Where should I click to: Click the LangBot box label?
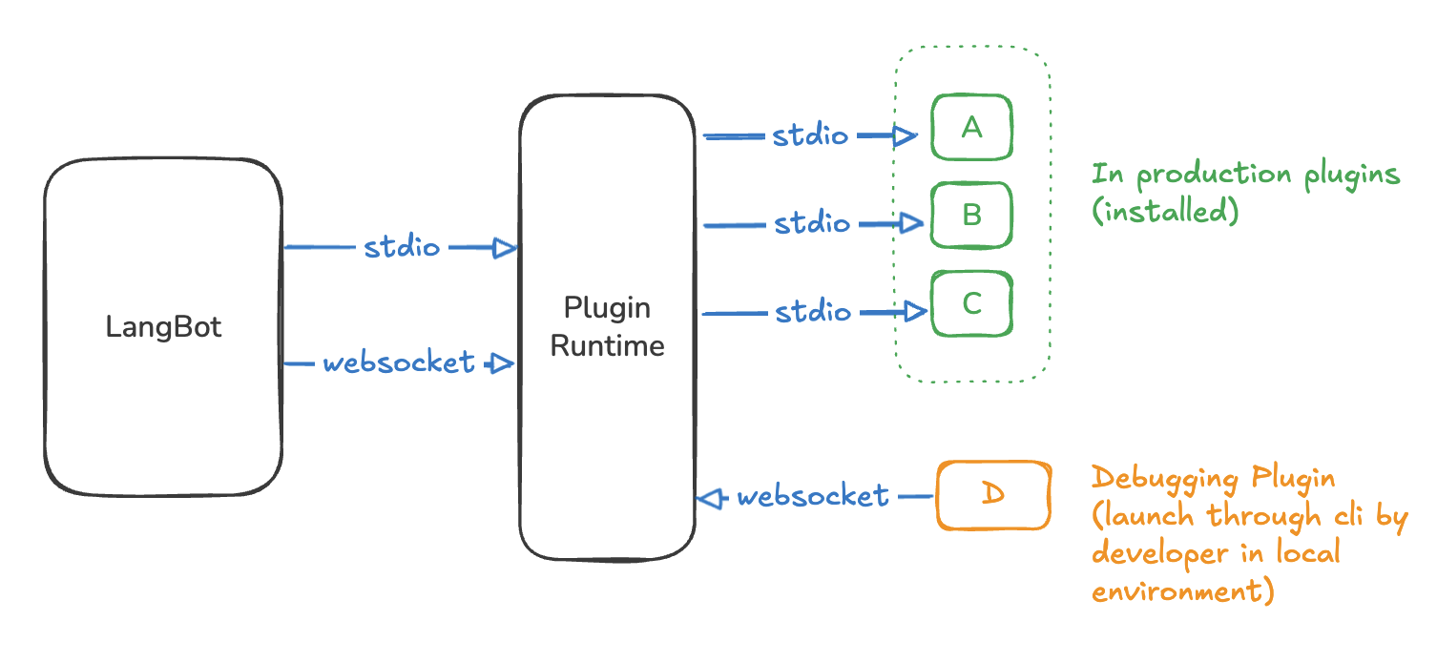click(x=163, y=327)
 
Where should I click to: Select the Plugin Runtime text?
click(x=607, y=326)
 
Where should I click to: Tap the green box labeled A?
click(x=971, y=127)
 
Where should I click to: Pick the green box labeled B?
click(x=971, y=215)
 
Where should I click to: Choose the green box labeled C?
click(x=971, y=303)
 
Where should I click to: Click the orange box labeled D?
click(x=993, y=496)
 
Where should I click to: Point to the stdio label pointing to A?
click(x=809, y=135)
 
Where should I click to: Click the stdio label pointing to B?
click(x=811, y=223)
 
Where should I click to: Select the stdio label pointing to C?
click(x=812, y=312)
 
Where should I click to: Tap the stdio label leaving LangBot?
click(x=402, y=248)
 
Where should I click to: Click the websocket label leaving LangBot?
click(x=398, y=362)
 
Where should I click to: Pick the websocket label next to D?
click(x=813, y=496)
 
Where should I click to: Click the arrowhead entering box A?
click(x=906, y=136)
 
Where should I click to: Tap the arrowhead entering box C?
click(x=915, y=311)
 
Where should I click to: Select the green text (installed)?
click(x=1164, y=210)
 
